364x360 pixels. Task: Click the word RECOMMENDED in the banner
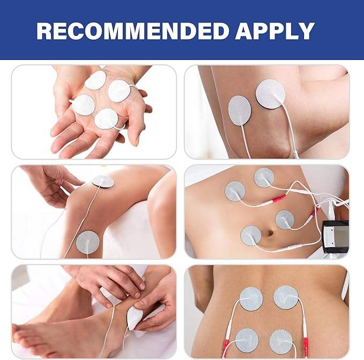pyautogui.click(x=133, y=31)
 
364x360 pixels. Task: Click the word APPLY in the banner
pyautogui.click(x=275, y=31)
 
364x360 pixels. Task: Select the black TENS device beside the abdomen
pyautogui.click(x=336, y=237)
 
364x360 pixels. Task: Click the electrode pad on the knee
pyautogui.click(x=103, y=181)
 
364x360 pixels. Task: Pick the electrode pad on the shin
pyautogui.click(x=88, y=242)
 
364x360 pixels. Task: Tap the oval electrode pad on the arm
pyautogui.click(x=240, y=111)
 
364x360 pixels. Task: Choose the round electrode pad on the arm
pyautogui.click(x=270, y=94)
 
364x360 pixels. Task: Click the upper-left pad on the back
pyautogui.click(x=251, y=299)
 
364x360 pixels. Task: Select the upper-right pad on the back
pyautogui.click(x=286, y=297)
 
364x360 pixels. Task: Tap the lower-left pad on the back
pyautogui.click(x=247, y=340)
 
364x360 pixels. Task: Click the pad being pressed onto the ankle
pyautogui.click(x=134, y=318)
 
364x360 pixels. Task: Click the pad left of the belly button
pyautogui.click(x=251, y=236)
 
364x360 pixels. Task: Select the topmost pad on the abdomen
pyautogui.click(x=264, y=177)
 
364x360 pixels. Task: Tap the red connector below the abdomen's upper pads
pyautogui.click(x=279, y=199)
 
